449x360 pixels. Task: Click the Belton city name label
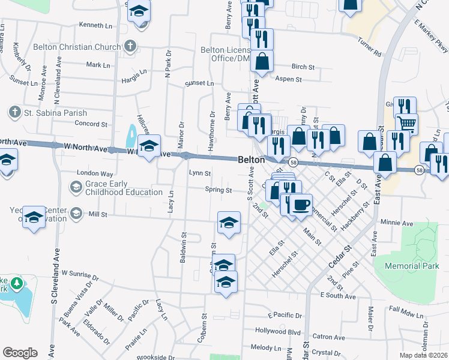pos(252,160)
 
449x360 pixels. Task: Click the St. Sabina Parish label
pos(56,113)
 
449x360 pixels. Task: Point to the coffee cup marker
pos(300,205)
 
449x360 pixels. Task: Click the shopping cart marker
pos(407,124)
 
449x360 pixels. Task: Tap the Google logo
pos(19,353)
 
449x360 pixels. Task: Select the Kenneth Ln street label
pos(95,25)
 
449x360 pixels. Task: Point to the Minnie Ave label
pos(397,223)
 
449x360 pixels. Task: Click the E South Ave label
pos(339,295)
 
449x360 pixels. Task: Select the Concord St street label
pos(91,124)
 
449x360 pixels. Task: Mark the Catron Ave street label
pos(330,337)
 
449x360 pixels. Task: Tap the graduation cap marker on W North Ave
pos(149,145)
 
